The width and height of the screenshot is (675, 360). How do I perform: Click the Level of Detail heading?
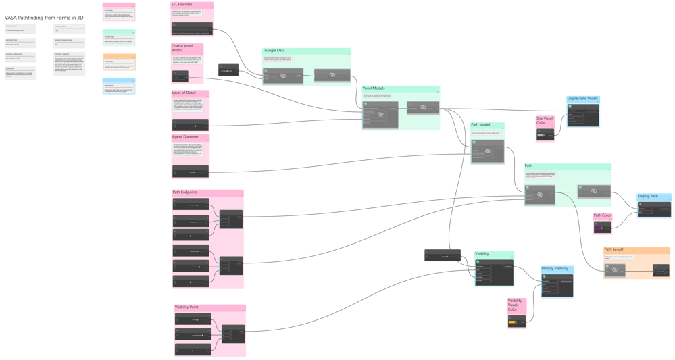coord(185,93)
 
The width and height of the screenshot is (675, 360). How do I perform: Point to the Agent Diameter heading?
coord(186,137)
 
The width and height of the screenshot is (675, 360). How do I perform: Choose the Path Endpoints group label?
coord(186,192)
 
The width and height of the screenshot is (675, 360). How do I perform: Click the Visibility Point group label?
coord(187,307)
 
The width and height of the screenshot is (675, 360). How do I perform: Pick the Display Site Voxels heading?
coord(582,99)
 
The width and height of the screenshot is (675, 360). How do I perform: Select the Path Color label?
coord(603,215)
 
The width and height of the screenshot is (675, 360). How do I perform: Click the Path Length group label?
coord(615,250)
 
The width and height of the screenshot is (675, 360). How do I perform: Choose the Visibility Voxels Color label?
coord(515,305)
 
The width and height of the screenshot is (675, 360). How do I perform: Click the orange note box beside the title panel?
coord(119,62)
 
